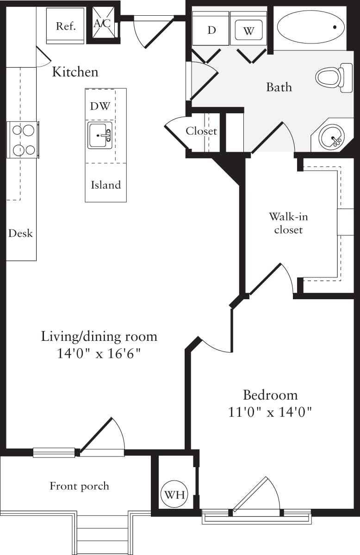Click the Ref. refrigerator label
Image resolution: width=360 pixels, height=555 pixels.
65,26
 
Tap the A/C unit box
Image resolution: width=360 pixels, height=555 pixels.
102,24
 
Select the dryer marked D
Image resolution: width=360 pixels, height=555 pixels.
211,30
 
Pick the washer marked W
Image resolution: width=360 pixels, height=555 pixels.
248,31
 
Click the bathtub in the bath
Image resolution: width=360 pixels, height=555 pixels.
310,27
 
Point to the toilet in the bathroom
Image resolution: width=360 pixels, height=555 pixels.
330,77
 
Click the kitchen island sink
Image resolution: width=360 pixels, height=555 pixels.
100,136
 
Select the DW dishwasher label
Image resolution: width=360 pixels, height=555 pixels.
100,106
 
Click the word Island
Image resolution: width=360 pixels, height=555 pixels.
106,185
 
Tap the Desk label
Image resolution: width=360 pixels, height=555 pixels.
20,233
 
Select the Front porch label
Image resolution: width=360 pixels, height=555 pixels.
80,486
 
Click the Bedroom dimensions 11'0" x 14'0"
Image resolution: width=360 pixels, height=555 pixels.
271,412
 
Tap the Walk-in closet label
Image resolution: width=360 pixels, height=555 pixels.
288,223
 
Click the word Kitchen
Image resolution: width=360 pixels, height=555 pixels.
75,72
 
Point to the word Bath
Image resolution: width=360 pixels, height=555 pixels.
279,87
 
